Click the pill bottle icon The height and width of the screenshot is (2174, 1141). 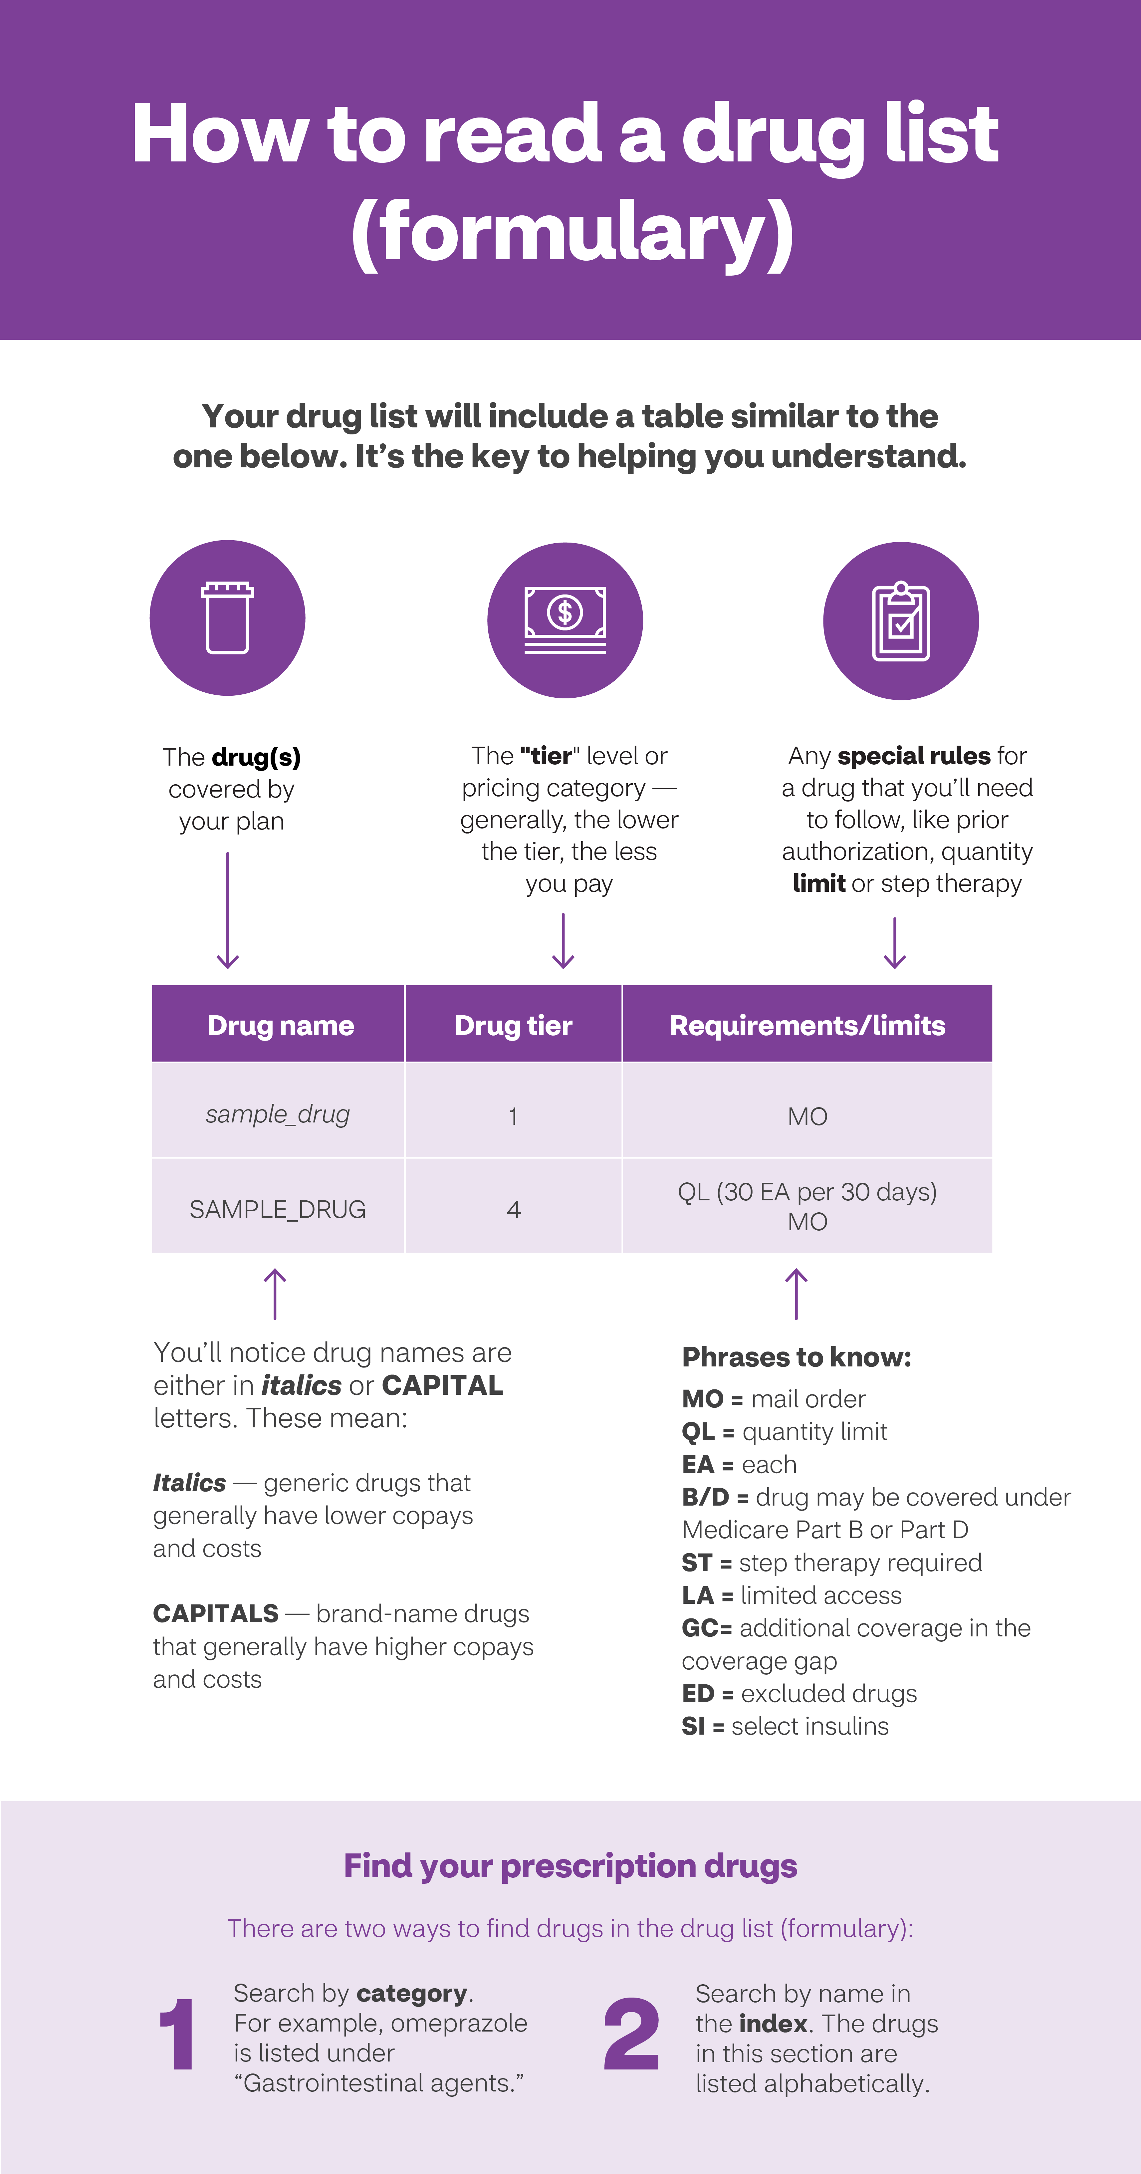pos(227,618)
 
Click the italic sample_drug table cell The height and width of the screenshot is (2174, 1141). pos(278,1114)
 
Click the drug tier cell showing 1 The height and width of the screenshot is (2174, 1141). pos(513,1116)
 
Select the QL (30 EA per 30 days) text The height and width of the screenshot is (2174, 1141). pos(807,1192)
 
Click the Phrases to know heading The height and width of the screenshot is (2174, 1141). pos(796,1357)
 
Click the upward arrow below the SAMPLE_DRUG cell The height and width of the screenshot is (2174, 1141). pos(275,1294)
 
